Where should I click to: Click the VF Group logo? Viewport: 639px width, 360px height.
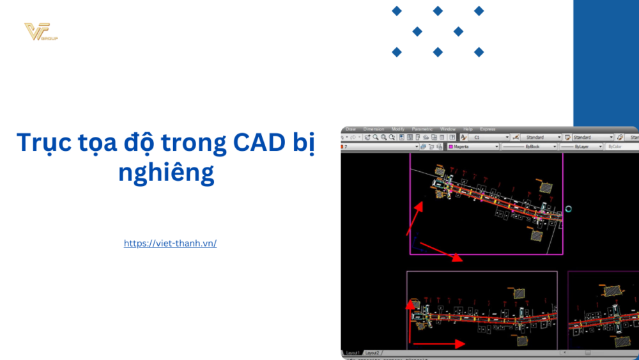coord(40,32)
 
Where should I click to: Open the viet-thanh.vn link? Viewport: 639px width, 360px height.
coord(170,244)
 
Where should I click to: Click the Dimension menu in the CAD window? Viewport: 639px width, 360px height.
coord(373,129)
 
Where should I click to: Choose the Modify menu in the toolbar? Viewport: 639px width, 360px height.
coord(398,129)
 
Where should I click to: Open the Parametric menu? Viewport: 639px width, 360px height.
coord(422,129)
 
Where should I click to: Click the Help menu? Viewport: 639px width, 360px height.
coord(468,129)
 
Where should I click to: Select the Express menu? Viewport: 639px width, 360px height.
coord(488,129)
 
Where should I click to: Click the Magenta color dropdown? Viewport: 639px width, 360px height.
coord(473,146)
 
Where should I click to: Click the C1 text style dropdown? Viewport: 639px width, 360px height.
coord(489,137)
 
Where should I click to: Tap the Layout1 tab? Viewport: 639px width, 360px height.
coord(352,352)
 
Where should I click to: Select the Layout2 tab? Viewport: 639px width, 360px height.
coord(372,352)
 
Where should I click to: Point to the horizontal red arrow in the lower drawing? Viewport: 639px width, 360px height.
coord(438,344)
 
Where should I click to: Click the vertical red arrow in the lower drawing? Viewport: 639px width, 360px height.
coord(409,323)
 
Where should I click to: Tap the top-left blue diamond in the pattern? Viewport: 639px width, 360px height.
coord(397,11)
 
